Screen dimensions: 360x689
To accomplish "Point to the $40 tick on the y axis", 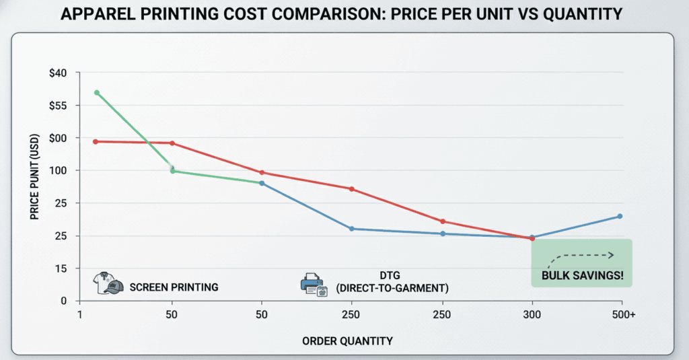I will (67, 73).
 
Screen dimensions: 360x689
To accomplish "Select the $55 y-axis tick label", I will (67, 106).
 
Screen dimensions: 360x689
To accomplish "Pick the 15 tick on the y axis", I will (71, 268).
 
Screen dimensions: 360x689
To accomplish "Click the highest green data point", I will (97, 93).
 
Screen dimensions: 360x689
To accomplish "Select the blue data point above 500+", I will (620, 216).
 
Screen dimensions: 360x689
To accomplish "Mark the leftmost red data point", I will (96, 142).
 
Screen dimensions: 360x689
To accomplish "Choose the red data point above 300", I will (532, 238).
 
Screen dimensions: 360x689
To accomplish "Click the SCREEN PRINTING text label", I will (174, 287).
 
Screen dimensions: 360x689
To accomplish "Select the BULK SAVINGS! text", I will (582, 275).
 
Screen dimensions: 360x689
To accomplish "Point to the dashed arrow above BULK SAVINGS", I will (582, 256).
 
